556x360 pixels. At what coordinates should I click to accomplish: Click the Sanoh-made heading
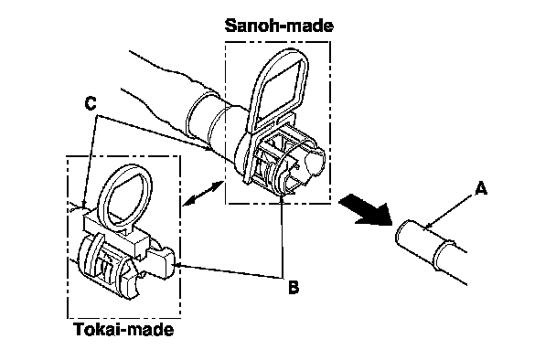[x=279, y=26]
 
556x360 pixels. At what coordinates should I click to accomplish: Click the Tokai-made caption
[x=124, y=330]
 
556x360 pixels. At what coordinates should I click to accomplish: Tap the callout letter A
[x=481, y=188]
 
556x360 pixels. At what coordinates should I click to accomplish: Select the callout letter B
[x=294, y=287]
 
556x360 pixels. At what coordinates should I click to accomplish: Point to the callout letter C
[x=91, y=103]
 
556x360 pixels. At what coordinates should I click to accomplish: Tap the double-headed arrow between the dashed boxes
[x=204, y=193]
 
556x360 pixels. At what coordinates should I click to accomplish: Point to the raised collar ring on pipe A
[x=444, y=252]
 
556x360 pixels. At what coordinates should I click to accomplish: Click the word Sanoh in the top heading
[x=248, y=26]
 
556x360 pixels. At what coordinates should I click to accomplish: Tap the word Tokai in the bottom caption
[x=95, y=330]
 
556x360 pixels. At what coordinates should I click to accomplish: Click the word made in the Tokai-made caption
[x=149, y=330]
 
